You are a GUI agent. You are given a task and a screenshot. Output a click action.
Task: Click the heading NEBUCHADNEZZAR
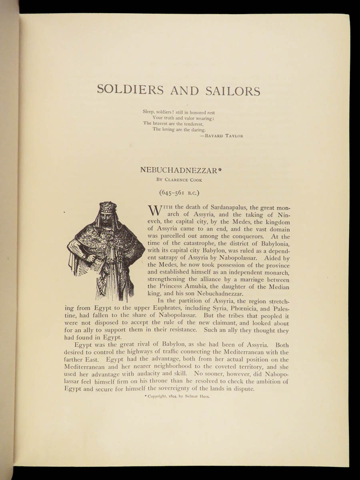[x=178, y=170]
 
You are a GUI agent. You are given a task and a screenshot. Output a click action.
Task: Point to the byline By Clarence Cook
[x=179, y=180]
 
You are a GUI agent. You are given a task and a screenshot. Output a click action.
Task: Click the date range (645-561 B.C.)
[x=179, y=193]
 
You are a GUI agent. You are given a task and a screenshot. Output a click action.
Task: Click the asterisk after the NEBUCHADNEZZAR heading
[x=219, y=169]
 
